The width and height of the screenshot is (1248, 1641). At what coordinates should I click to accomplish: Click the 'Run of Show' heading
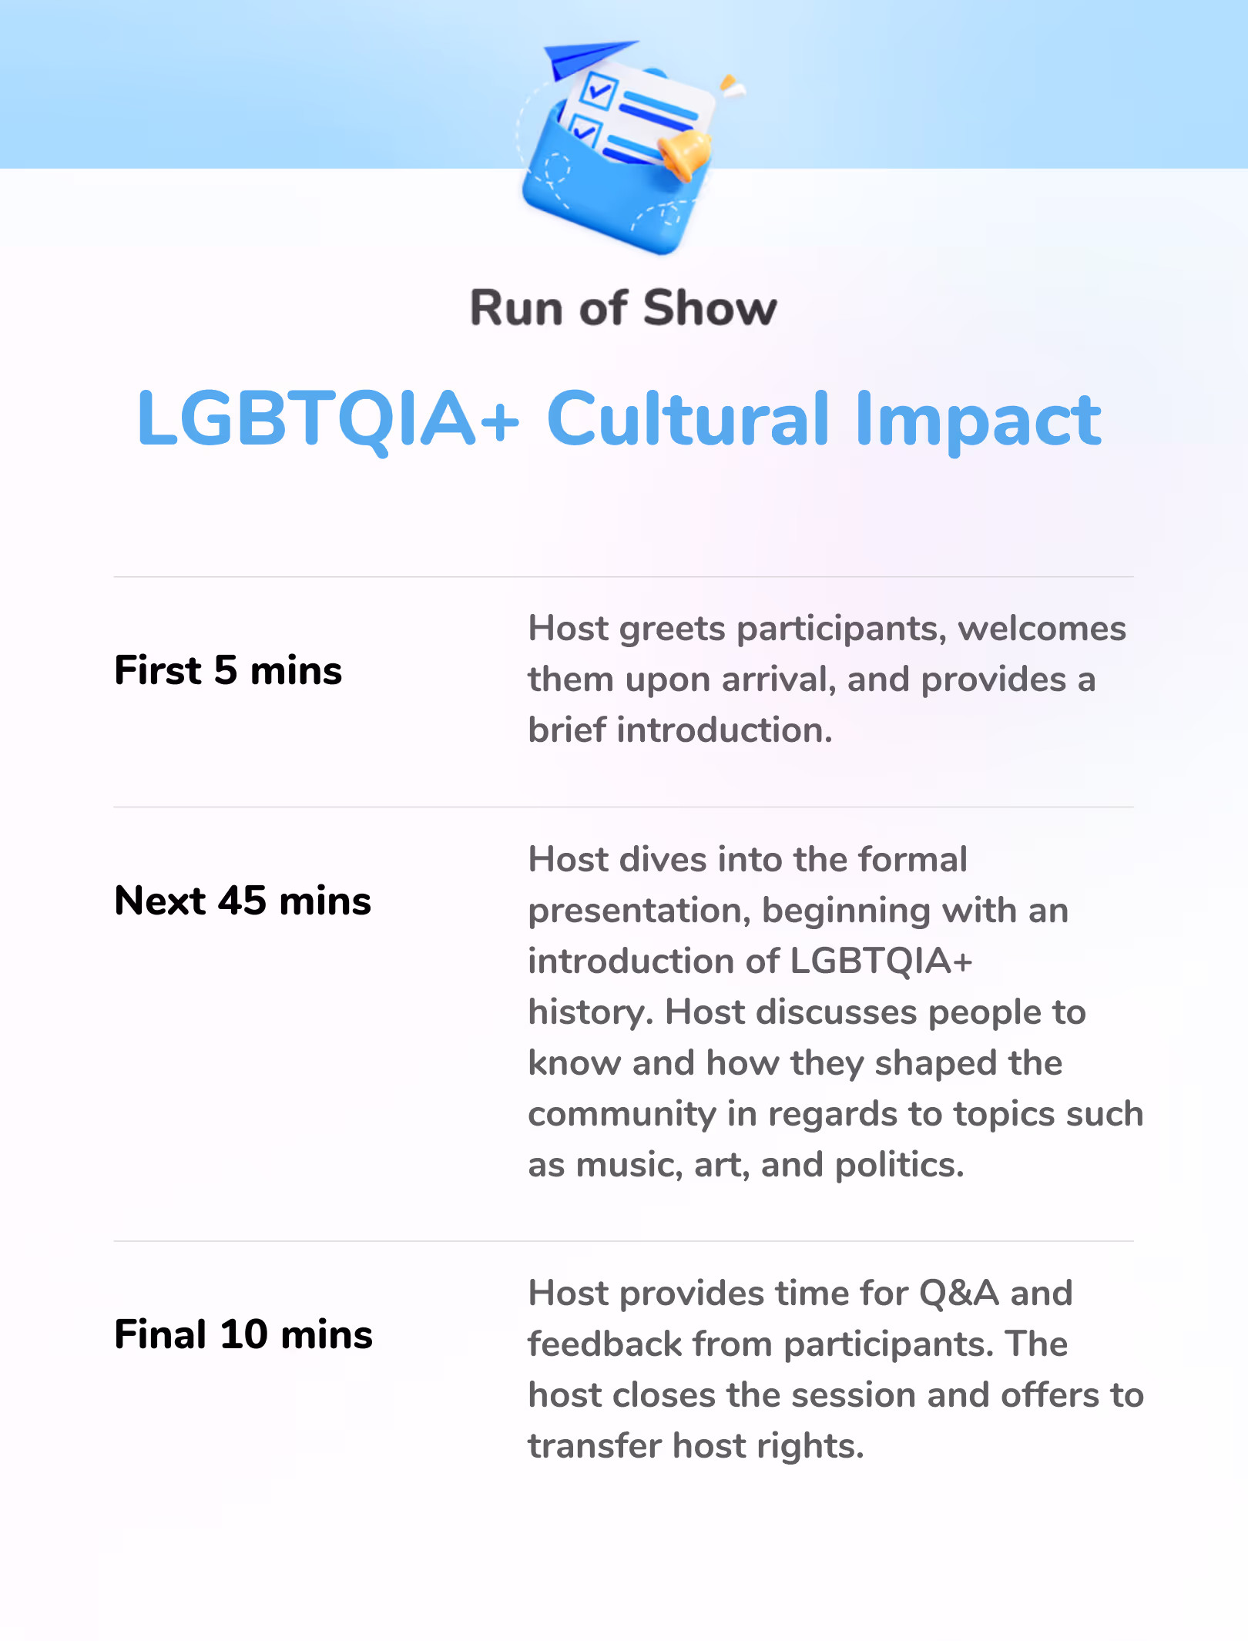623,308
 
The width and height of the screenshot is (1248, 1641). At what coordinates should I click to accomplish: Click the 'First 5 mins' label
228,669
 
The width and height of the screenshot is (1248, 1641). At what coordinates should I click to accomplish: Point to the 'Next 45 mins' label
243,900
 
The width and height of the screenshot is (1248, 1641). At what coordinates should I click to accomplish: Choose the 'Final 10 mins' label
243,1334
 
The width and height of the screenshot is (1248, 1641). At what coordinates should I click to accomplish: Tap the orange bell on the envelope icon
685,154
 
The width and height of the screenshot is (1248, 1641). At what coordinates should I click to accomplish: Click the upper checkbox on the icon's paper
599,92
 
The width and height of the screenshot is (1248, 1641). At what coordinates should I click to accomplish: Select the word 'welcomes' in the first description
1042,629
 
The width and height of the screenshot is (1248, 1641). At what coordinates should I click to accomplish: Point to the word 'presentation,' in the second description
639,911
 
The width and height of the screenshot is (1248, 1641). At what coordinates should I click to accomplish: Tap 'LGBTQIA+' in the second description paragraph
881,961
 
